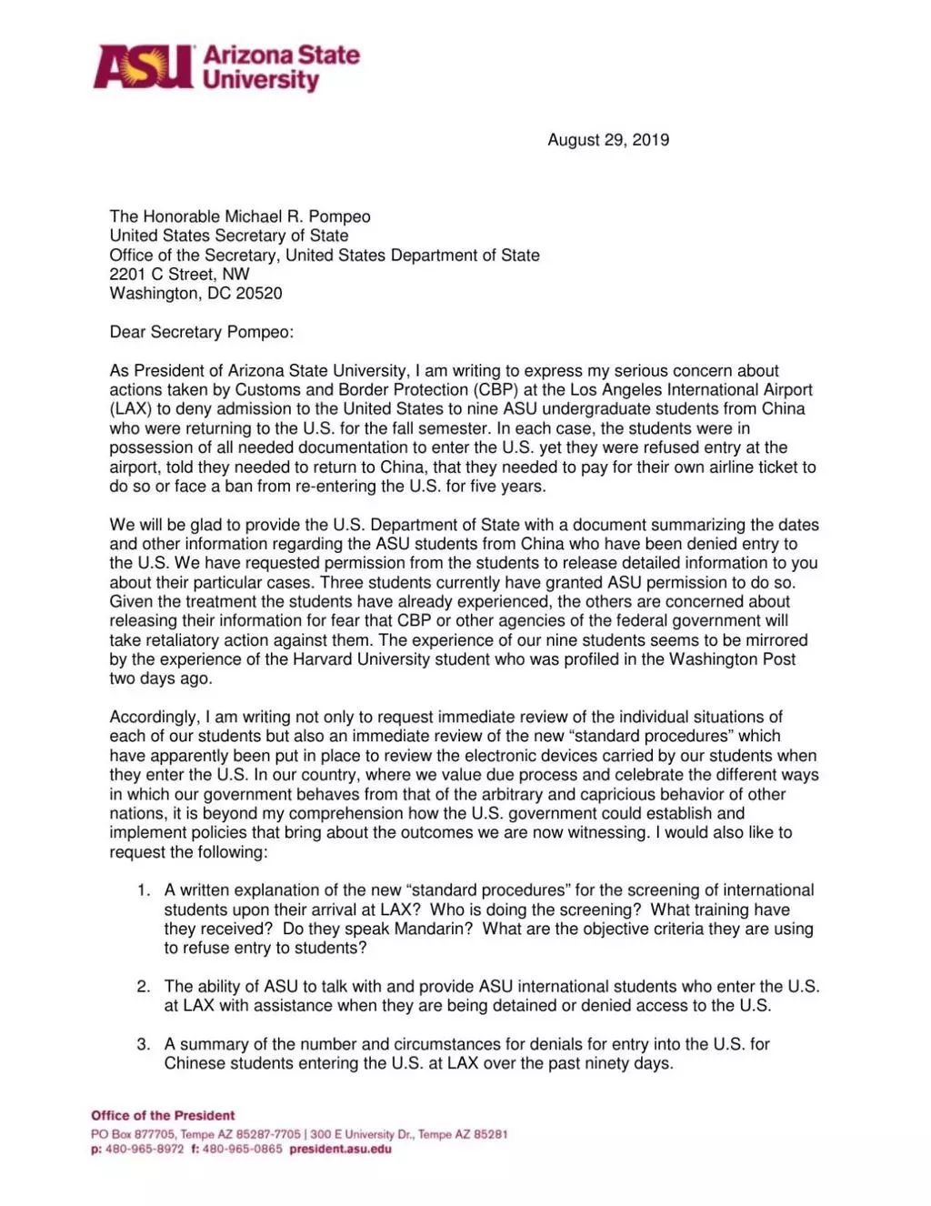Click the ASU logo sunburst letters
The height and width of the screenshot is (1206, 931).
pyautogui.click(x=144, y=67)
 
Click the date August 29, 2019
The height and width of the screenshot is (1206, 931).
pyautogui.click(x=608, y=140)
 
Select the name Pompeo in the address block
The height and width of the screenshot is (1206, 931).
pyautogui.click(x=340, y=216)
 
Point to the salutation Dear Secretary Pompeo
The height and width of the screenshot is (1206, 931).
pyautogui.click(x=201, y=332)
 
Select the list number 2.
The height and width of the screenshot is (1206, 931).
pyautogui.click(x=144, y=987)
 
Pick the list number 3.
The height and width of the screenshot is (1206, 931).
pyautogui.click(x=144, y=1044)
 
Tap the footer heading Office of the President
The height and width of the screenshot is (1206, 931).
pyautogui.click(x=163, y=1116)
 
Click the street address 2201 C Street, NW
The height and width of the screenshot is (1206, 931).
pyautogui.click(x=179, y=275)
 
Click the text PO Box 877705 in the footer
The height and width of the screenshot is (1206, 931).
pyautogui.click(x=132, y=1134)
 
